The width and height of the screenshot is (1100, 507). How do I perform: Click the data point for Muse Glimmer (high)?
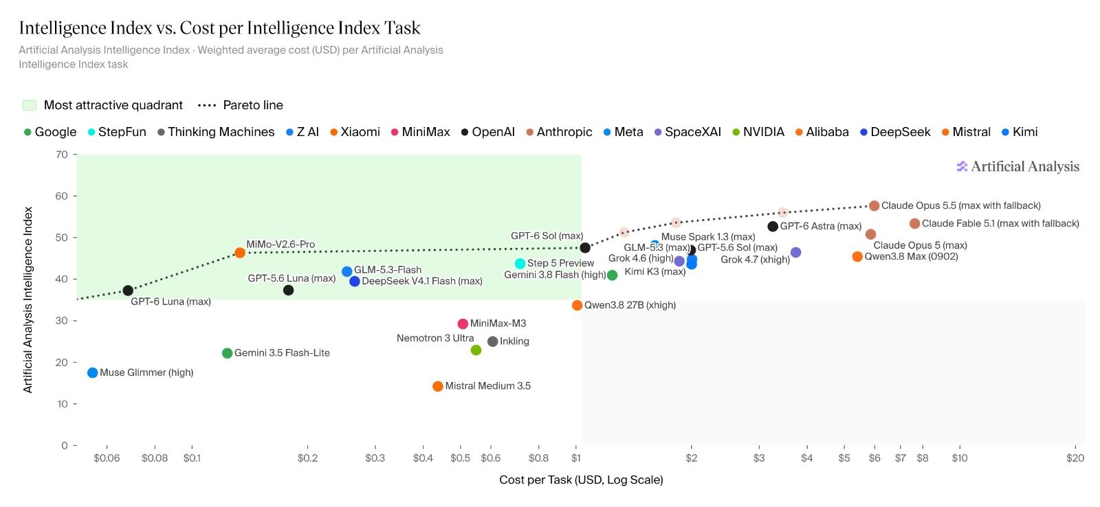tap(92, 373)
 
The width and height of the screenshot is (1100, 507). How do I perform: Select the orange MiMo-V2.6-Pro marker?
tap(240, 253)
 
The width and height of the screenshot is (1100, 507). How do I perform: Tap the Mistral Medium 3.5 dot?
tap(437, 386)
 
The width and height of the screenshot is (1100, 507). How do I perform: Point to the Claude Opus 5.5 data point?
tap(874, 205)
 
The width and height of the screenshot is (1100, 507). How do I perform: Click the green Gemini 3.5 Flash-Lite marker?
tap(227, 353)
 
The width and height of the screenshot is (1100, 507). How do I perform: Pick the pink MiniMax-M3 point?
tap(463, 324)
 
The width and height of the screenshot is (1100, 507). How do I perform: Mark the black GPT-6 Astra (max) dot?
tap(773, 226)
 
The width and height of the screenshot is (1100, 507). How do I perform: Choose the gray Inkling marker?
tap(492, 341)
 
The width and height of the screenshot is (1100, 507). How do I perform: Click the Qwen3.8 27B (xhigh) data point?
tap(577, 305)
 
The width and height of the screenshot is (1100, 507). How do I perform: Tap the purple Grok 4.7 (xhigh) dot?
tap(796, 252)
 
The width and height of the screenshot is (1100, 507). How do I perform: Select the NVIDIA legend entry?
tap(758, 132)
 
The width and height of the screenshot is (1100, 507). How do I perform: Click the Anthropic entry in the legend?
tap(559, 132)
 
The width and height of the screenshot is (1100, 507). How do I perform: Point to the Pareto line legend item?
tap(240, 105)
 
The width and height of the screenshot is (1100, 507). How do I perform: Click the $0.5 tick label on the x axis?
tap(460, 458)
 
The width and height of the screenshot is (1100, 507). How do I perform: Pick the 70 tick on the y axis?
tap(62, 155)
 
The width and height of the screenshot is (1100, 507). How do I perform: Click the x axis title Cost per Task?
tap(581, 480)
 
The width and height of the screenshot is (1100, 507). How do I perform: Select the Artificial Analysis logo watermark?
tap(1018, 166)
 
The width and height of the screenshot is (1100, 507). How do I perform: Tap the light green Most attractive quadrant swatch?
tap(30, 105)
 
